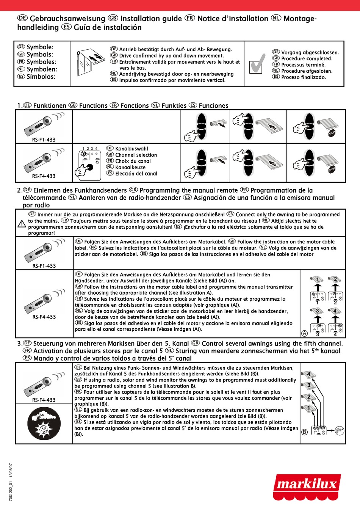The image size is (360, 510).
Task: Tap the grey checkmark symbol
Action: [257, 64]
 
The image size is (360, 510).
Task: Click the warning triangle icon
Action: [22, 224]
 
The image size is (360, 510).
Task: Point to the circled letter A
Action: [304, 334]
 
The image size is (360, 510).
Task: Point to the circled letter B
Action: [304, 432]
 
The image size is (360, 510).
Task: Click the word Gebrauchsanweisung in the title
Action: [67, 19]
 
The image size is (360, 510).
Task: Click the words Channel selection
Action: [136, 155]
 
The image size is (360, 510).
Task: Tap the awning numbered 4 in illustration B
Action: [308, 375]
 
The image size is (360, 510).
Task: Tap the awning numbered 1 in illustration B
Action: [308, 408]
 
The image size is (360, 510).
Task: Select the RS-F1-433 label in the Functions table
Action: [44, 140]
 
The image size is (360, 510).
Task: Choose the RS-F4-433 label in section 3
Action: [44, 400]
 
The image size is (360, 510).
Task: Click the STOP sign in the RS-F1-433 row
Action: [332, 133]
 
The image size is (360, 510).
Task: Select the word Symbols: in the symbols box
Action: [40, 55]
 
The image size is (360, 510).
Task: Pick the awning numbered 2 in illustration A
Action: [335, 279]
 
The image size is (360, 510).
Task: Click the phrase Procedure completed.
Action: [307, 58]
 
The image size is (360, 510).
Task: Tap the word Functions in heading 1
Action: [93, 106]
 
